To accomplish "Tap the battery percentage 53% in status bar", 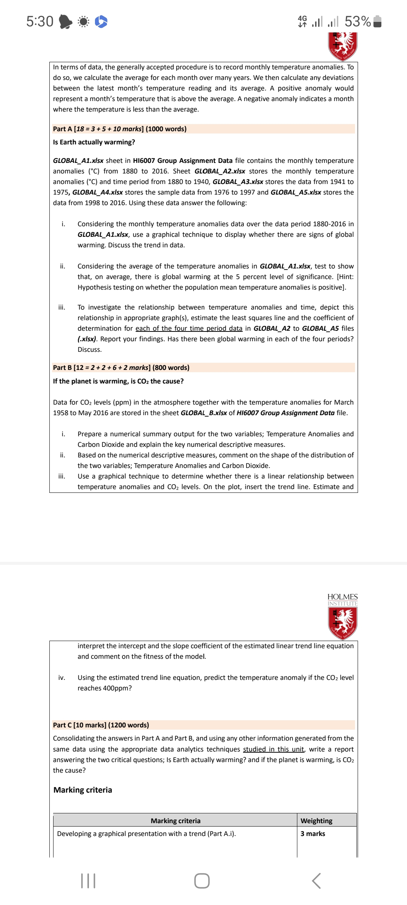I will click(x=357, y=21).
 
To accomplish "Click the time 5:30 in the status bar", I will click(x=40, y=21).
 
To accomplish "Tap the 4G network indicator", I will click(x=302, y=21).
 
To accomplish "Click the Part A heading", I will click(x=120, y=129).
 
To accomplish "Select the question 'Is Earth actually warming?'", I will click(x=94, y=142).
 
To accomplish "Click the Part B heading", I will click(x=121, y=368).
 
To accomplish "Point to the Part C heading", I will click(x=101, y=725).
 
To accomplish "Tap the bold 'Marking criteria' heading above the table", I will click(x=83, y=790).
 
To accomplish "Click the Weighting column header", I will click(x=316, y=821).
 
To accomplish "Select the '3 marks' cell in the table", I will click(x=312, y=834).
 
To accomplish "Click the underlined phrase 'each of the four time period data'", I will click(x=189, y=328).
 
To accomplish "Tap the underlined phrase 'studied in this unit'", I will click(x=273, y=749).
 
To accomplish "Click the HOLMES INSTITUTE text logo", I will click(x=342, y=600).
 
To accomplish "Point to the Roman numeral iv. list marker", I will click(x=61, y=678).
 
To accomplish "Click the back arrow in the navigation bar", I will click(x=317, y=881).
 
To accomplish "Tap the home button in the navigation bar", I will click(x=202, y=881).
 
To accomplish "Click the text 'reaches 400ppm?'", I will click(x=104, y=688).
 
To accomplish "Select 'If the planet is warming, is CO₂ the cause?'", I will click(x=118, y=381).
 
